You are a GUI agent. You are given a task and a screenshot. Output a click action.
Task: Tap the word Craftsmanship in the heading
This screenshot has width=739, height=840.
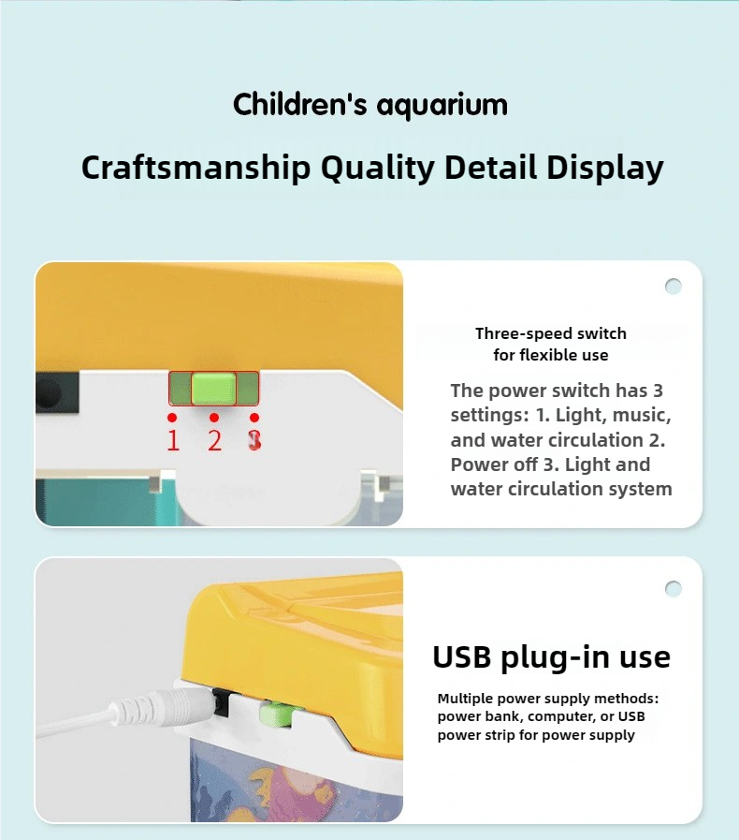coord(196,168)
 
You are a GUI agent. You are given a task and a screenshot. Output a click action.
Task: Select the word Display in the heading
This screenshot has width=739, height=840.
coord(604,168)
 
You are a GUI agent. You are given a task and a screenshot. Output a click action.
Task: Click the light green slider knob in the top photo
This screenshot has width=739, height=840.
coord(213,388)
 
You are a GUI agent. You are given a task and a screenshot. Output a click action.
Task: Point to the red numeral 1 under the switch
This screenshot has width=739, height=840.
coord(173,440)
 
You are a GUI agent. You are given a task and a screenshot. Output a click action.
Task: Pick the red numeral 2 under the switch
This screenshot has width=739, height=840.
coord(214,440)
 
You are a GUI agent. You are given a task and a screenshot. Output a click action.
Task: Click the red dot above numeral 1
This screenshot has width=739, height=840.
coord(172,418)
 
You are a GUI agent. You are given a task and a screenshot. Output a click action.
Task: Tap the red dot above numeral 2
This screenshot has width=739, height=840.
coord(214,418)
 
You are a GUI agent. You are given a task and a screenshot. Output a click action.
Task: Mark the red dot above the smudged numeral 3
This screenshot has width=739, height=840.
coord(254,418)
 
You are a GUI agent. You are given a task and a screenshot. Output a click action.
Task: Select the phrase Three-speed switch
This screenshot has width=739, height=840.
coord(551,333)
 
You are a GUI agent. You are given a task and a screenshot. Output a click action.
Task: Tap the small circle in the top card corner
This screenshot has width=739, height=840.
coord(674,287)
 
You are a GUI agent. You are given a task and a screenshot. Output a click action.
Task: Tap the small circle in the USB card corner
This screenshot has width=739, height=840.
coord(674,589)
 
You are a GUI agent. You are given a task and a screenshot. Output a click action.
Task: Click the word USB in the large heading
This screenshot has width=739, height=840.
coord(461,656)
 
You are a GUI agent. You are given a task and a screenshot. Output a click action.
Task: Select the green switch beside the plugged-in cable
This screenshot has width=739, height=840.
coord(276,715)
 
